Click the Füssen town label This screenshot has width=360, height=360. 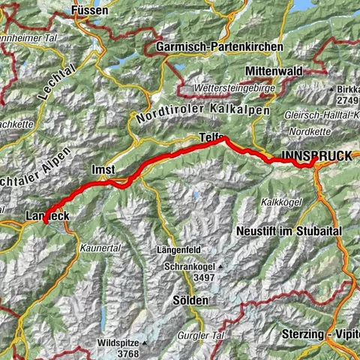click(x=90, y=11)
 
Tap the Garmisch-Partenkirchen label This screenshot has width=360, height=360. click(x=220, y=46)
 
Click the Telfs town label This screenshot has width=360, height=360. click(x=211, y=136)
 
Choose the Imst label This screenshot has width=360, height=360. click(x=103, y=169)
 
